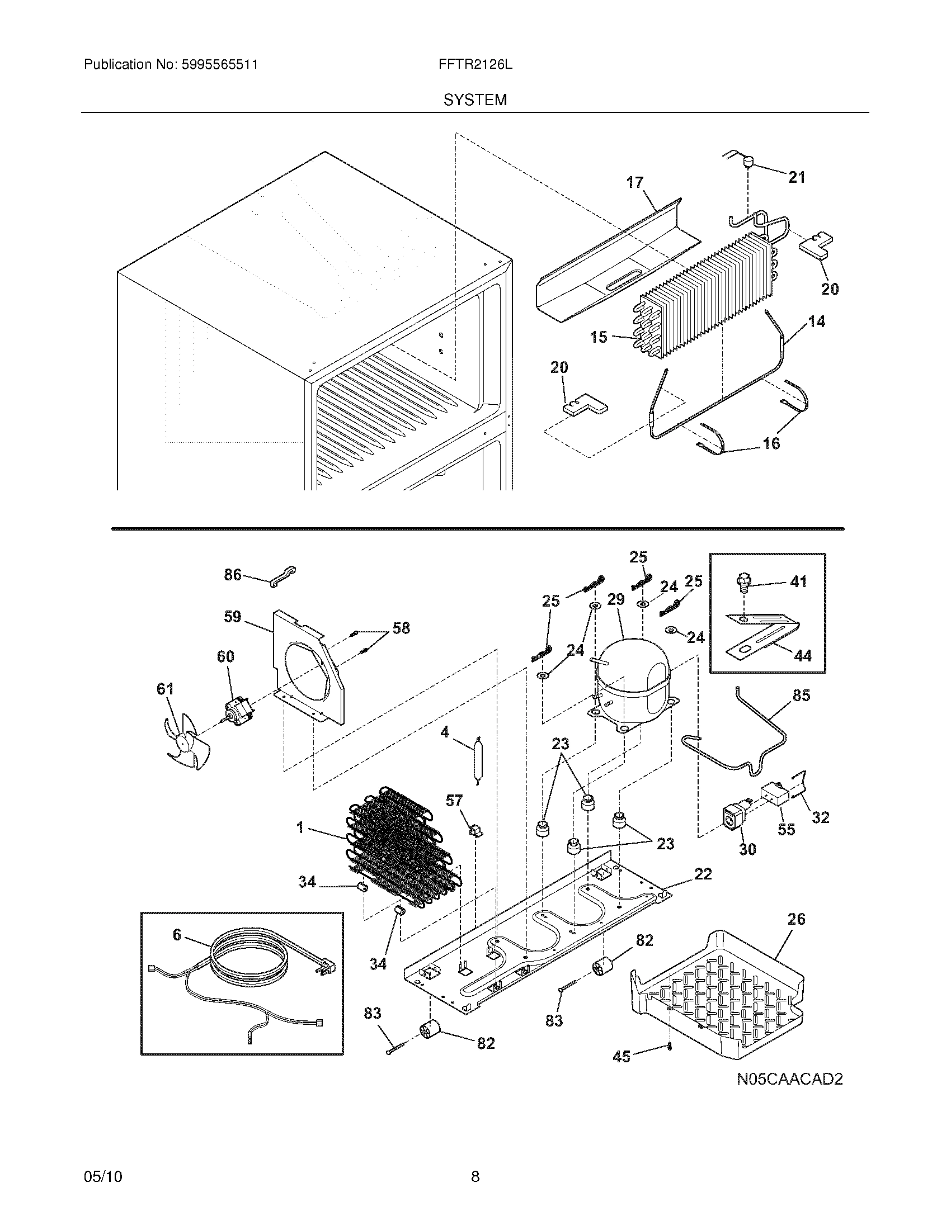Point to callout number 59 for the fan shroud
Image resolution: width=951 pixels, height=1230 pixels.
[x=232, y=617]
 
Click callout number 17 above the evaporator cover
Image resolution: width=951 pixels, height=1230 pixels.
[x=635, y=182]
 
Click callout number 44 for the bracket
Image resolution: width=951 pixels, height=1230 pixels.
[x=802, y=655]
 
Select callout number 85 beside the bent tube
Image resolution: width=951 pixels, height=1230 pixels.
[x=801, y=696]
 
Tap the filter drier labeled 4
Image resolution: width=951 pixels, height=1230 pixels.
[x=479, y=760]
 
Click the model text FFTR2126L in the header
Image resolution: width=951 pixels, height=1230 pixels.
[x=475, y=65]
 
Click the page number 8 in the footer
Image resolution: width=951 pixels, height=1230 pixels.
[x=475, y=1176]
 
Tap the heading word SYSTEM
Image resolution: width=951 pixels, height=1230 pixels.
[x=475, y=100]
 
